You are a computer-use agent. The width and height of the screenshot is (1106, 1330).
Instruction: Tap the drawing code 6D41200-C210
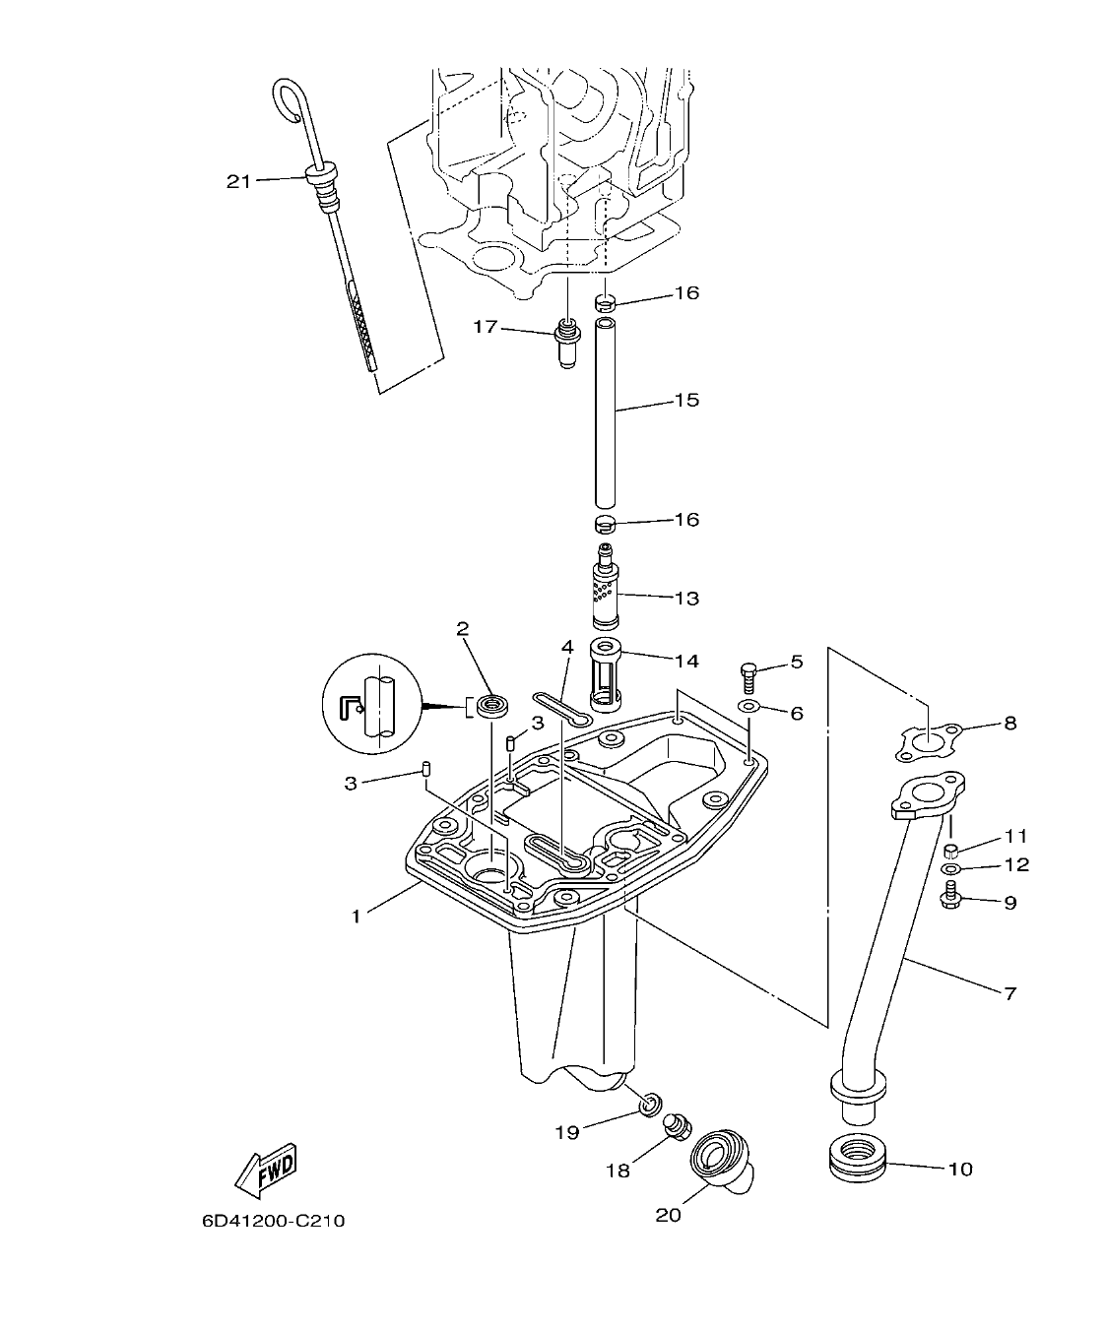[274, 1222]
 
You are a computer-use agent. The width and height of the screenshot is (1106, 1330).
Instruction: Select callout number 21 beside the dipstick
[238, 181]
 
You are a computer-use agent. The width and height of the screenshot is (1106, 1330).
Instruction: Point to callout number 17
[486, 326]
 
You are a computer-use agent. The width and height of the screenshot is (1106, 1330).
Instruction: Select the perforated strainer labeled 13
[604, 591]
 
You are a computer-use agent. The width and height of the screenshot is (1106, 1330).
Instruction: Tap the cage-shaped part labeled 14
[603, 673]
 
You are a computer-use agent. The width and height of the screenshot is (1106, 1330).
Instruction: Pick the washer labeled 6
[748, 707]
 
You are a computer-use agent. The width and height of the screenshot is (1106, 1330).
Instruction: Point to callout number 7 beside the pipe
[1009, 992]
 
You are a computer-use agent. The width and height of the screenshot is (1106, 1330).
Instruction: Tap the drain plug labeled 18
[676, 1127]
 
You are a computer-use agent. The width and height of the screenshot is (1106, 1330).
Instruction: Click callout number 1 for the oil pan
[357, 916]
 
